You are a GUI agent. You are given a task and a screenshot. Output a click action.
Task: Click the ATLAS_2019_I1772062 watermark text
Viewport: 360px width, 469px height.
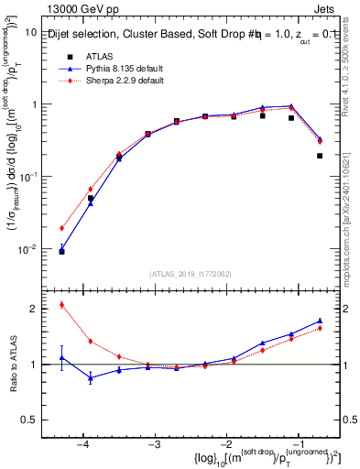click(190, 273)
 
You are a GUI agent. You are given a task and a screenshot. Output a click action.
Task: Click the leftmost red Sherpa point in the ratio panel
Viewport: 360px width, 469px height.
click(61, 305)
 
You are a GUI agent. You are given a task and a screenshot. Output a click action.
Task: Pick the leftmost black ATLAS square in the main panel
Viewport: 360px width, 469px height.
click(61, 250)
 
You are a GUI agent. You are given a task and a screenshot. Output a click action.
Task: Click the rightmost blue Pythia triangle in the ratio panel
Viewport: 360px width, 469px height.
click(320, 321)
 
